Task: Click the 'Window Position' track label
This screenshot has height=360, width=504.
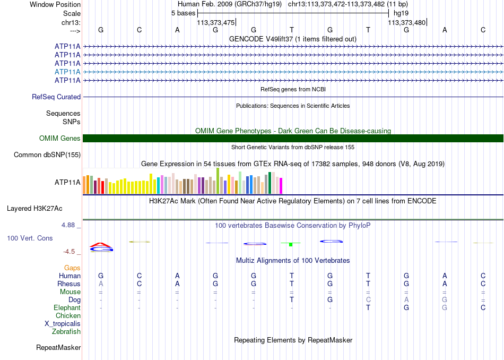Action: tap(55, 4)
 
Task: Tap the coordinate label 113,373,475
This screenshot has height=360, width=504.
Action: tap(216, 22)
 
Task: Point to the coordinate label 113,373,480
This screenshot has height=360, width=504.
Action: tap(406, 22)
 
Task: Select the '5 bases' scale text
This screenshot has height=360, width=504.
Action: tap(183, 13)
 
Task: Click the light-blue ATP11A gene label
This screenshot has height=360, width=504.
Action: tap(67, 72)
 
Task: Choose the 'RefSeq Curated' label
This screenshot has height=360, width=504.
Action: tap(56, 97)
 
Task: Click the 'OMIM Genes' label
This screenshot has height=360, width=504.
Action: tap(60, 139)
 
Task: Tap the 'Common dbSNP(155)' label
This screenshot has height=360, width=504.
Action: tap(47, 155)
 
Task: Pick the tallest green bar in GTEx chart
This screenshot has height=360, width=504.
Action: tap(218, 181)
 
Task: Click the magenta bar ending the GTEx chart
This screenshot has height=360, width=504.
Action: tap(281, 186)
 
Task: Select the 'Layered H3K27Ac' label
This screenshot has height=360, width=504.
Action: tap(34, 209)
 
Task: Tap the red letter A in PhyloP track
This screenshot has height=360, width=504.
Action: tap(101, 245)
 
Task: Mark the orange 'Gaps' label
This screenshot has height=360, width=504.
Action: tap(72, 268)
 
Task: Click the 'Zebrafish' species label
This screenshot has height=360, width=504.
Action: tap(66, 331)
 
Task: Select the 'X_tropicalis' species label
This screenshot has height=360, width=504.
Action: tap(63, 324)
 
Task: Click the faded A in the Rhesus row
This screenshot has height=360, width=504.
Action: tap(101, 284)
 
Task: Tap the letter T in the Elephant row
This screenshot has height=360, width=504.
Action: tap(368, 307)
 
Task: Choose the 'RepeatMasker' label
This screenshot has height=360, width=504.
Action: tap(58, 347)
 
